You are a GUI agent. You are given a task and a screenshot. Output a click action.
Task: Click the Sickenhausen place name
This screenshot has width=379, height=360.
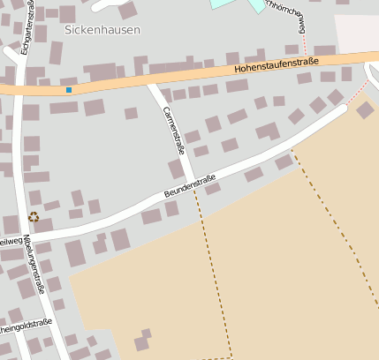[x=102, y=29]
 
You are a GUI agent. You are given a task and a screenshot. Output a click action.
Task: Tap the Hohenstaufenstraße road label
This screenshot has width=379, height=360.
[x=277, y=65]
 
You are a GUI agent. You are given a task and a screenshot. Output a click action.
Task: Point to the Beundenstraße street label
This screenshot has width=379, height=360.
[x=190, y=187]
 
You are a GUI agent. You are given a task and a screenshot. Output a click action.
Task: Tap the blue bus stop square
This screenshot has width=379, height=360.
[x=69, y=89]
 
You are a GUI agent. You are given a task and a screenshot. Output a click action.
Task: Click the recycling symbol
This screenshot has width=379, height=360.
[x=34, y=217]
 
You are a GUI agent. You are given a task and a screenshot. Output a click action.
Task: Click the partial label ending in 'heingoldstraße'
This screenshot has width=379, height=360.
[x=27, y=326]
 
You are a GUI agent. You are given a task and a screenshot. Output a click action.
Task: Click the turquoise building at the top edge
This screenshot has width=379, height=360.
[x=237, y=4]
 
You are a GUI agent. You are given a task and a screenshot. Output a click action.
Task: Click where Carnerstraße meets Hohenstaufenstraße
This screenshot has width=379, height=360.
[x=153, y=84]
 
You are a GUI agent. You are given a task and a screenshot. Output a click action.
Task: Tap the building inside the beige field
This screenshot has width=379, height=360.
[x=142, y=341]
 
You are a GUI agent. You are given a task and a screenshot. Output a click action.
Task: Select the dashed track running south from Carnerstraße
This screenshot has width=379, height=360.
[x=212, y=265]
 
